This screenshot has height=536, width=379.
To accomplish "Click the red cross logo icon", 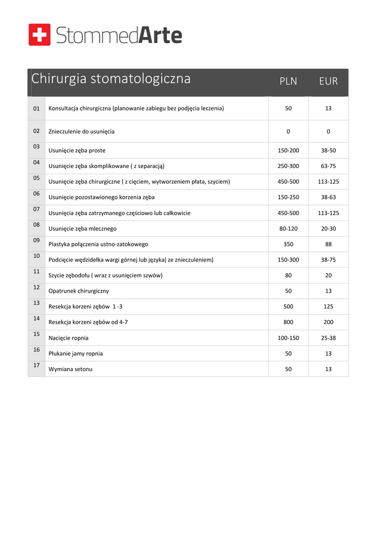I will click(40, 35).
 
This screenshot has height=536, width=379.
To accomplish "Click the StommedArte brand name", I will click(119, 36).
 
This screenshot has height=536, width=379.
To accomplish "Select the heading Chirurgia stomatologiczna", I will click(111, 79).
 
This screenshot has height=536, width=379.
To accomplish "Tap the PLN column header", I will click(288, 81).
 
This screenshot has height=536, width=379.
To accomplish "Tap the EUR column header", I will click(328, 81).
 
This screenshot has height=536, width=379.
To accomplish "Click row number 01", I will click(37, 108).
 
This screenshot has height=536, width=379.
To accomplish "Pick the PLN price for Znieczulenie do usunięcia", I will click(288, 131).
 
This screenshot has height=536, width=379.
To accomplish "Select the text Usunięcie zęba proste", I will click(77, 151).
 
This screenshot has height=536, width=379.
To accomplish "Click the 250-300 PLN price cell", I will click(288, 166).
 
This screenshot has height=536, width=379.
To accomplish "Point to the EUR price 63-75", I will click(328, 166).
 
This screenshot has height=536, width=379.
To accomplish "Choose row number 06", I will click(37, 193).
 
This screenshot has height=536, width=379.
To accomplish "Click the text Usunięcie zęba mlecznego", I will click(82, 229).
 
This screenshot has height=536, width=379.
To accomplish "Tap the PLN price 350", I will click(288, 244).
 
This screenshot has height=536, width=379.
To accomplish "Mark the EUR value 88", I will click(328, 244).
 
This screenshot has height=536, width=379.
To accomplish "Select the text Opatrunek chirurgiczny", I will click(79, 291).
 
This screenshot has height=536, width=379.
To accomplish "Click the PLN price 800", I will click(288, 322).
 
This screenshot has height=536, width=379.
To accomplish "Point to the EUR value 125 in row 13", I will click(328, 307).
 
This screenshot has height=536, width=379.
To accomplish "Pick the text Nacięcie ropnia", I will click(69, 338).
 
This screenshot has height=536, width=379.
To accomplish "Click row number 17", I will click(37, 365).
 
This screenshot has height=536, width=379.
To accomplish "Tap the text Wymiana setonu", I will click(71, 369).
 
